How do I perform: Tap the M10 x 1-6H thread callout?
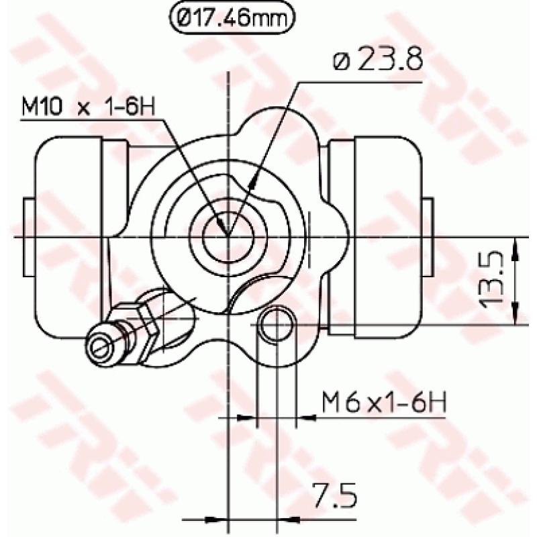click(x=83, y=107)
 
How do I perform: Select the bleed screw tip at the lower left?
click(x=100, y=346)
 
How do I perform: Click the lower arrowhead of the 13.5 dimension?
click(x=516, y=315)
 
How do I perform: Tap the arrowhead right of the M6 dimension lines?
click(x=306, y=418)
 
